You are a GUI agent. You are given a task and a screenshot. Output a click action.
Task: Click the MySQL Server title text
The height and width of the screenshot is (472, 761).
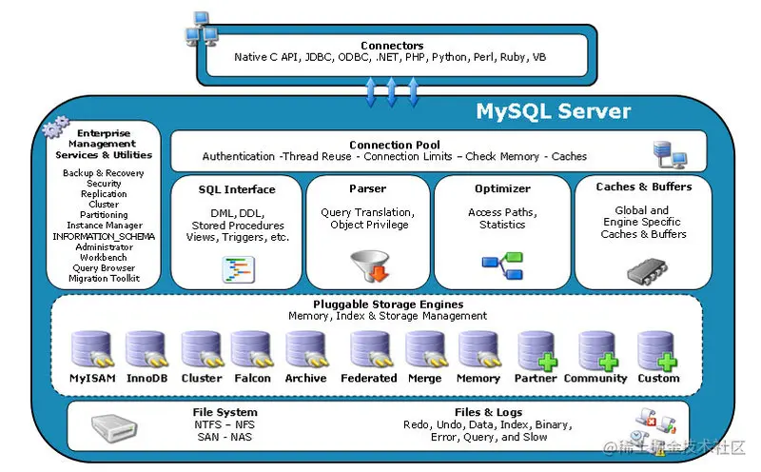tap(553, 111)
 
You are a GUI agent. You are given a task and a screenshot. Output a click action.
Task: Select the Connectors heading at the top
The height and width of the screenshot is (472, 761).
tap(392, 46)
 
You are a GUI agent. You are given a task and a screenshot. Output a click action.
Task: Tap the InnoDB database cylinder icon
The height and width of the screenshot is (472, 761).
tap(146, 350)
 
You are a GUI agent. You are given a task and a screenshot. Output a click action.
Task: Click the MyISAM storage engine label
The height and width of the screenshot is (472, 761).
tap(92, 379)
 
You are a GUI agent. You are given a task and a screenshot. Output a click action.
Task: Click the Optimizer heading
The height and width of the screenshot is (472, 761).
tap(501, 188)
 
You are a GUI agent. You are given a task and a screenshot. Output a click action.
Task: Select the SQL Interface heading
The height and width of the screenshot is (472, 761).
tap(237, 189)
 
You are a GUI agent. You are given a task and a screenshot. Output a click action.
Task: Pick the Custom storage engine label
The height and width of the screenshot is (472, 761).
tap(658, 379)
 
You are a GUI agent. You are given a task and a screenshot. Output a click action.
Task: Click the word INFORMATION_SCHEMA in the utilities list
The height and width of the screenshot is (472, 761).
tap(104, 236)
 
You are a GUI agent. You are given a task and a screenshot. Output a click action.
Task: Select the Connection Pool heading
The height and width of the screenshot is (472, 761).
tap(394, 145)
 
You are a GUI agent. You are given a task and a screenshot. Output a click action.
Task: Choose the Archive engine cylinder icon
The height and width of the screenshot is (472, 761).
tap(305, 350)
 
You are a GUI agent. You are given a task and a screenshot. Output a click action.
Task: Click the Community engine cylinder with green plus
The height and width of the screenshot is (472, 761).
tap(597, 350)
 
